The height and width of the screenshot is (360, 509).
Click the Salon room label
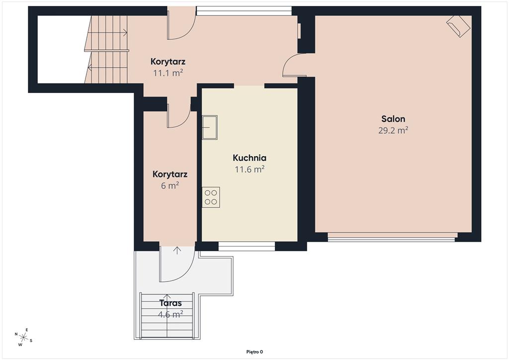click(x=393, y=119)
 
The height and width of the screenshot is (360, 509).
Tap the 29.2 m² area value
click(x=393, y=130)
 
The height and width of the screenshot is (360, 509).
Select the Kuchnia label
click(x=250, y=158)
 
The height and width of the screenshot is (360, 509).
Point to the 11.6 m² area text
click(x=250, y=169)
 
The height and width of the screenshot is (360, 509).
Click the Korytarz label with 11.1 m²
click(x=168, y=61)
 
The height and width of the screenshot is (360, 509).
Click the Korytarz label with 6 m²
click(x=170, y=175)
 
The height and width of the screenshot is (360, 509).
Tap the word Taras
click(x=170, y=303)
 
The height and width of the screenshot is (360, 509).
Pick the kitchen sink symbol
click(x=210, y=127)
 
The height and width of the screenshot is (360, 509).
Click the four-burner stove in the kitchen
click(x=211, y=197)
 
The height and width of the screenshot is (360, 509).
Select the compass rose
click(x=23, y=337)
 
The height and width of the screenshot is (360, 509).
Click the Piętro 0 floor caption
click(x=254, y=352)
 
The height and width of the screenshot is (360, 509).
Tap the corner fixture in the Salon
click(x=458, y=26)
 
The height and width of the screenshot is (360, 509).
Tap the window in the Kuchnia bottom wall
click(x=247, y=246)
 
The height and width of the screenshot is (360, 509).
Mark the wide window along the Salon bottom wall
click(x=392, y=237)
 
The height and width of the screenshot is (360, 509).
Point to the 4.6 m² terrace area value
click(x=170, y=314)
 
